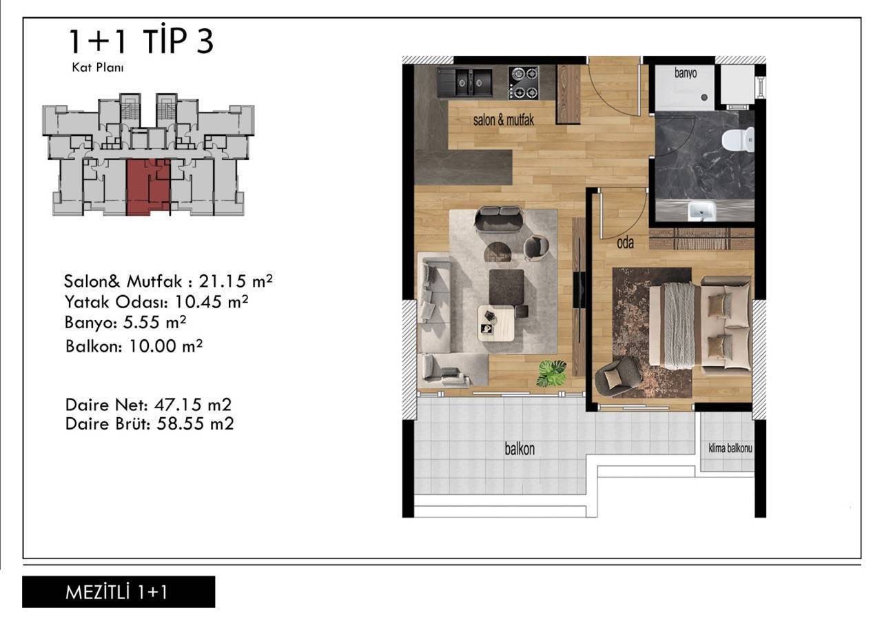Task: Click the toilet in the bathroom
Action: coord(738,140)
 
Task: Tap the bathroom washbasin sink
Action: coord(701,211)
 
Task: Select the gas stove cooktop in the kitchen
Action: coord(523,82)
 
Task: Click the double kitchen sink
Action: coord(464,82)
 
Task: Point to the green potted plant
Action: coord(552,372)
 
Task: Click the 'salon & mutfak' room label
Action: coord(503,120)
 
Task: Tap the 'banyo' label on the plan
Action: coord(686,73)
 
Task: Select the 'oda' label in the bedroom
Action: coord(625,243)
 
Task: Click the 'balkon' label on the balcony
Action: coord(520,449)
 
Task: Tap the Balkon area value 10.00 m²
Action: coord(165,346)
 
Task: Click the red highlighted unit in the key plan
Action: coord(148,187)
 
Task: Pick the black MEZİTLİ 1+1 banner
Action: coord(119,592)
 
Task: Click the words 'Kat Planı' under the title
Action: coord(98,68)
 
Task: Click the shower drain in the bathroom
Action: coord(704,97)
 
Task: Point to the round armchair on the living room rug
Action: coord(536,248)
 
